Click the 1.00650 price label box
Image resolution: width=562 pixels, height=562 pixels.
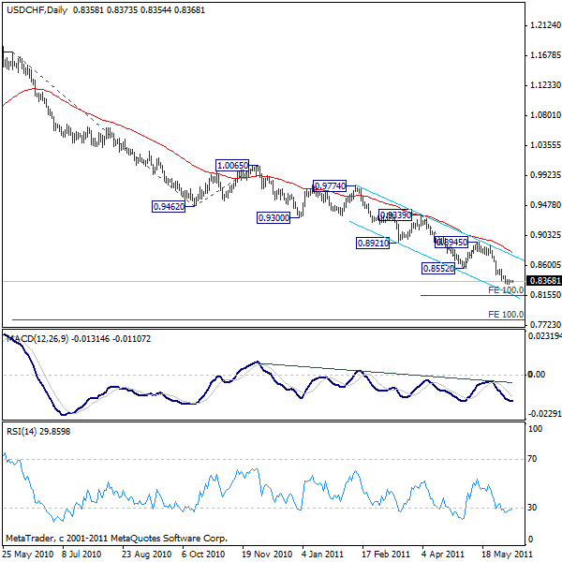(232, 166)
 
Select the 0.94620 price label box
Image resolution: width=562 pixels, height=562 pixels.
(169, 206)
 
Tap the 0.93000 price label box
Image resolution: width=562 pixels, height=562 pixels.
(273, 217)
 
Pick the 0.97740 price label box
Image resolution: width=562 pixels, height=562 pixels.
(330, 186)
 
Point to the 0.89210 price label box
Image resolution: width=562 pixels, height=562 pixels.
(372, 243)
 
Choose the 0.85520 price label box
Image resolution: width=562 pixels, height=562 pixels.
(438, 268)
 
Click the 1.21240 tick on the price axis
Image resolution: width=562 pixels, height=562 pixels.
(543, 25)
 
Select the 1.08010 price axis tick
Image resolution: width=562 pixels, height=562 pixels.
(543, 115)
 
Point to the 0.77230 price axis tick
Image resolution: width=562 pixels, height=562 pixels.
(543, 324)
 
